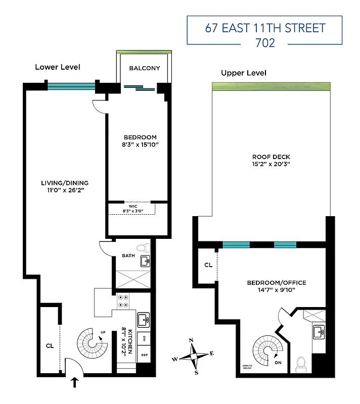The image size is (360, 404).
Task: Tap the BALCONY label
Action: [144, 68]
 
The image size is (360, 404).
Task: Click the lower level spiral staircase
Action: [92, 343]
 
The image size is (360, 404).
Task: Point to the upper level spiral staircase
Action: [268, 351]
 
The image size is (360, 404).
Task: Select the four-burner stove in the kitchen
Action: [124, 301]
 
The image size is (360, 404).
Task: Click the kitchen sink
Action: [144, 319]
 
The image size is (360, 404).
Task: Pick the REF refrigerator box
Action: [144, 356]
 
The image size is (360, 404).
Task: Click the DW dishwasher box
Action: [144, 338]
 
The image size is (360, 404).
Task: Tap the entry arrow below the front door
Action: [75, 382]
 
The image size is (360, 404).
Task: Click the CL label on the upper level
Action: [208, 265]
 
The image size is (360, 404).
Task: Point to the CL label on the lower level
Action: [50, 346]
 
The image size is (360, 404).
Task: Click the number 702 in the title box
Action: [265, 42]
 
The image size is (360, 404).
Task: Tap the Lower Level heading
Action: [57, 67]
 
